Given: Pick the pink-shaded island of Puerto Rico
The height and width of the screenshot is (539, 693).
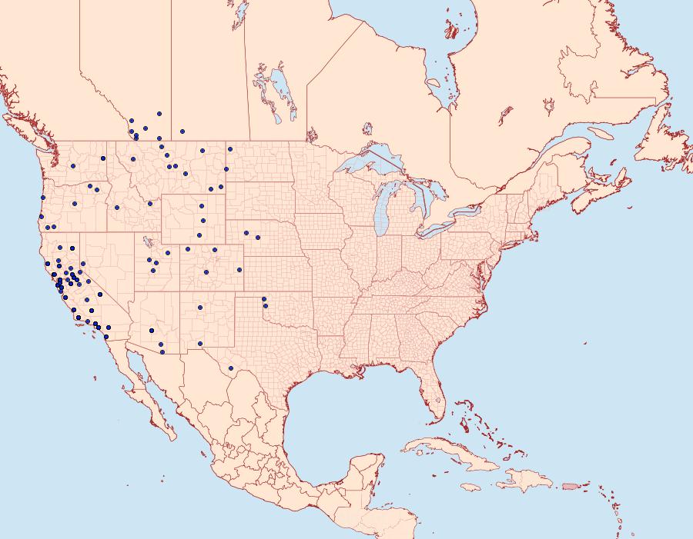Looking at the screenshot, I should (571, 486).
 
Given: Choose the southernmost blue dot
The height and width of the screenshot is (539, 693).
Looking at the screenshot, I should (162, 352).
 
